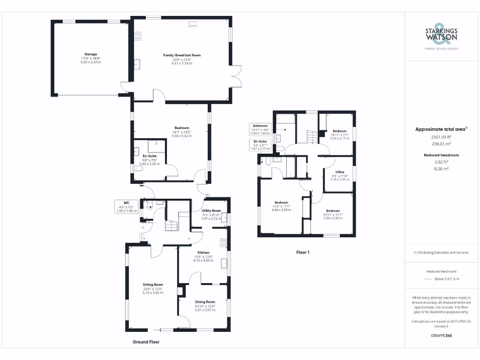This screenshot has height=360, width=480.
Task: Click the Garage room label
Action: pos(90,54)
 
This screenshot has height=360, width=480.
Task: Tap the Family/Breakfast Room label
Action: pos(182,55)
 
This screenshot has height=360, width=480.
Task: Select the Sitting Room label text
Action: pos(153,285)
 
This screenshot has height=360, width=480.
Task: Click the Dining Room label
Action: pos(205,302)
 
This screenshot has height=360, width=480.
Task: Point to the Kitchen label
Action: pos(203,253)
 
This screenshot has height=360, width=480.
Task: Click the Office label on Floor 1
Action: pos(339,172)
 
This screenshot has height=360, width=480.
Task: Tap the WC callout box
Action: pos(126,207)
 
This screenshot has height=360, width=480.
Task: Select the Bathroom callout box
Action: pos(261,129)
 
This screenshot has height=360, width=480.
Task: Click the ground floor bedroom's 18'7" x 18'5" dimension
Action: pos(182,132)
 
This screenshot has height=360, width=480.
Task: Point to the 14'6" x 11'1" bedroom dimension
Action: pos(282,206)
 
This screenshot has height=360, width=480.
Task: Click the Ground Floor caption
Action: pos(146,342)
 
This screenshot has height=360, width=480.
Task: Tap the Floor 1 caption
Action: pos(303,252)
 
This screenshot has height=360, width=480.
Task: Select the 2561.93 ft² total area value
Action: pos(441,137)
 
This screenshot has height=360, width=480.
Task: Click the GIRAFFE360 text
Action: pos(441,336)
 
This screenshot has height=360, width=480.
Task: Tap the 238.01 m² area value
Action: pos(441,144)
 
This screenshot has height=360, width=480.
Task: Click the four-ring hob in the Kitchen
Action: pos(224,243)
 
